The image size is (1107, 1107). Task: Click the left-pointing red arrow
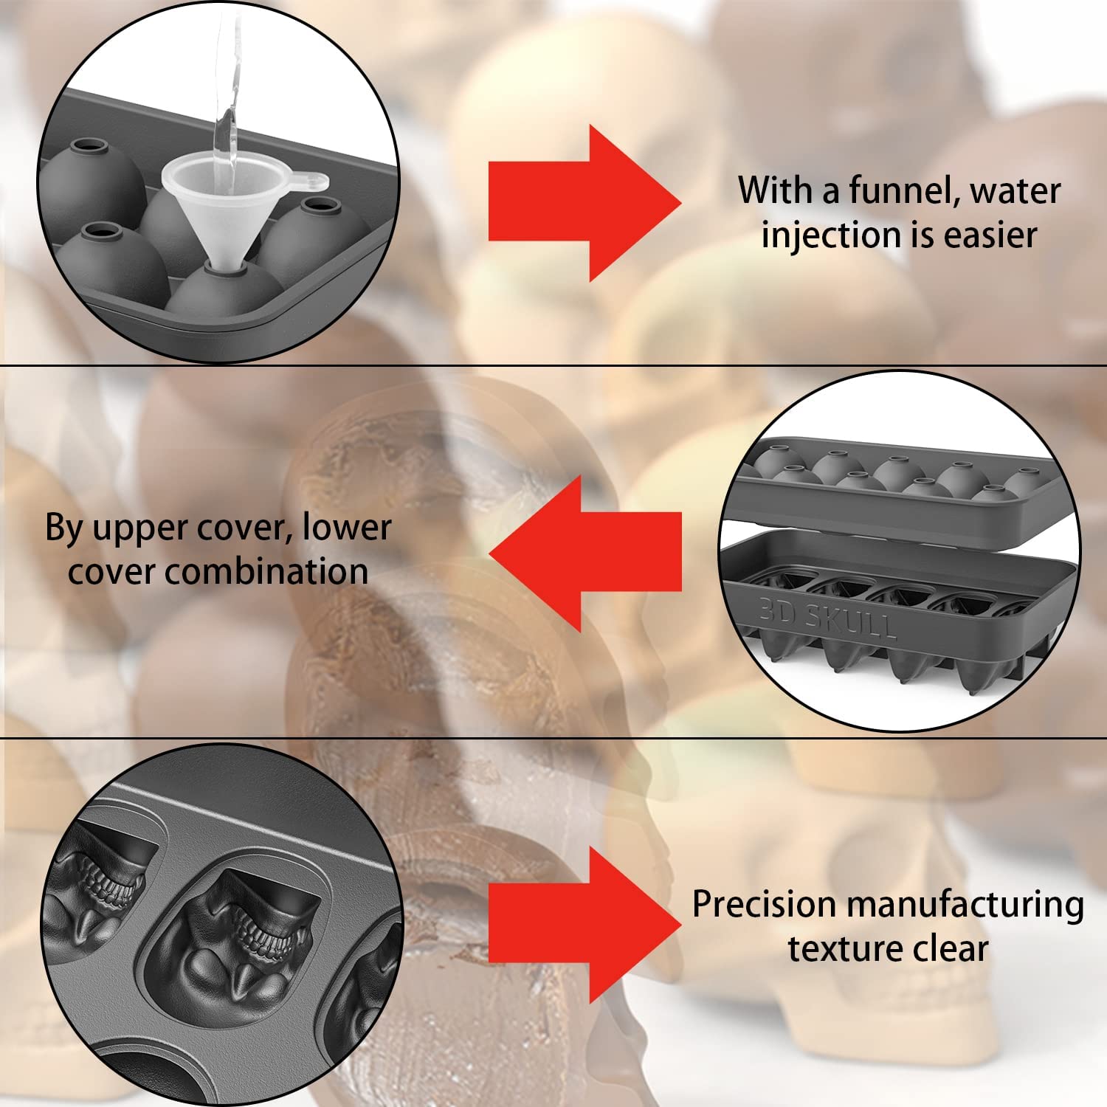click(x=585, y=553)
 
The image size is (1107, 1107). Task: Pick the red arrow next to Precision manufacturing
click(x=585, y=924)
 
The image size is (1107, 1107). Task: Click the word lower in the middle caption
click(x=347, y=528)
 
